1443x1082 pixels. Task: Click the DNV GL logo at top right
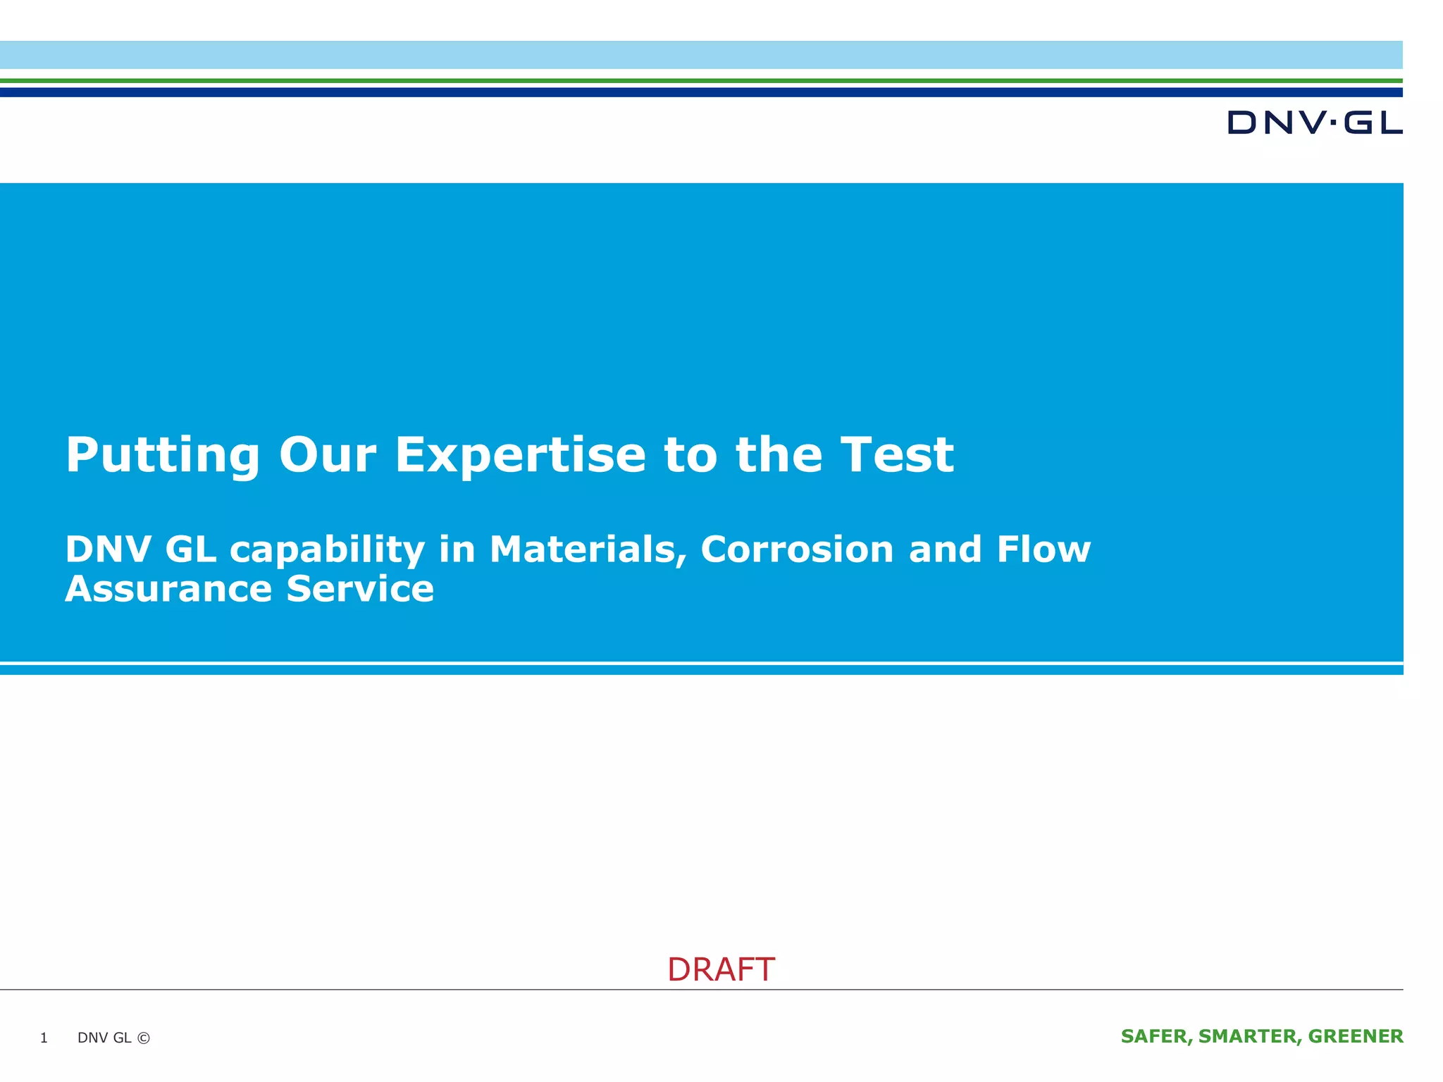[1314, 123]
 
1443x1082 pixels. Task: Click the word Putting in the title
[163, 455]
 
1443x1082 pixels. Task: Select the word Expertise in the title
[520, 455]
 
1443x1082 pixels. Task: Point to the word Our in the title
[328, 455]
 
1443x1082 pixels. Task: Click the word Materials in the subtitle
[588, 549]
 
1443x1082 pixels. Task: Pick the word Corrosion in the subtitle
[797, 549]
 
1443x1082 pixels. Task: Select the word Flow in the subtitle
[1043, 549]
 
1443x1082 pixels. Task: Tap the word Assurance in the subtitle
[168, 589]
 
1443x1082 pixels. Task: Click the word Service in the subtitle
[360, 589]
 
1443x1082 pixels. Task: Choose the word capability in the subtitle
[327, 551]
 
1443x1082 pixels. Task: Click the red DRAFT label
[721, 970]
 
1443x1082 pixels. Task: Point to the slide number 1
[44, 1038]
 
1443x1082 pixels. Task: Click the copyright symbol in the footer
[144, 1038]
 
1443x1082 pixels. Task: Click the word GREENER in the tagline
[1356, 1036]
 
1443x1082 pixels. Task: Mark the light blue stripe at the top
[701, 55]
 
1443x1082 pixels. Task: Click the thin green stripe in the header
[701, 81]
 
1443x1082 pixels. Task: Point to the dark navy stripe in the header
[701, 92]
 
